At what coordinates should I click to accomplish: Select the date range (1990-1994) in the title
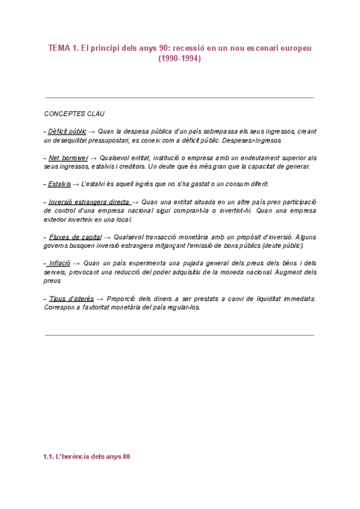(179, 59)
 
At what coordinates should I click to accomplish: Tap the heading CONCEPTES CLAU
(75, 113)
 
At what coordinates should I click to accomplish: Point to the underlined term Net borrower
(68, 158)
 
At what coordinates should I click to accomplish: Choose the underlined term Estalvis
(59, 184)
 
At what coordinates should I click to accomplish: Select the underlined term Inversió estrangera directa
(89, 202)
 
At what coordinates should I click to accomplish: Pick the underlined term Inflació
(59, 264)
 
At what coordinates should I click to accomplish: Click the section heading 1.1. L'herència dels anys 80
(86, 457)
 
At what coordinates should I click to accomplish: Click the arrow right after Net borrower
(95, 158)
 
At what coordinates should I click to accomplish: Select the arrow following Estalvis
(75, 184)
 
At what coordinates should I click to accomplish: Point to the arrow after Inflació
(77, 264)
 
